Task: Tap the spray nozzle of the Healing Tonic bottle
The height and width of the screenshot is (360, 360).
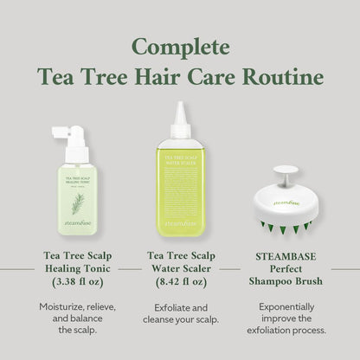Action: [61, 134]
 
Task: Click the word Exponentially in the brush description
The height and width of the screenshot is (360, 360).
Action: [284, 306]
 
